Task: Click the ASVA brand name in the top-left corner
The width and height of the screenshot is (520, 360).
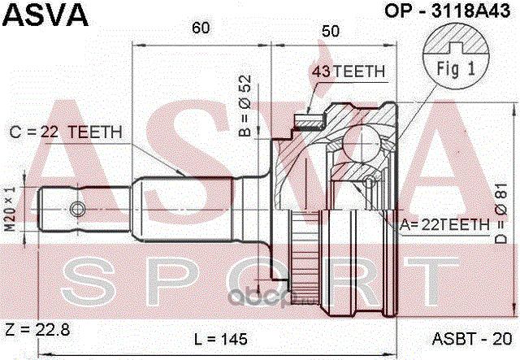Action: (45, 15)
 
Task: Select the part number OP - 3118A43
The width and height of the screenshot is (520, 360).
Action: (448, 11)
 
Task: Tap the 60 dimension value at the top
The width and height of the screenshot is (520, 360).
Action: (201, 28)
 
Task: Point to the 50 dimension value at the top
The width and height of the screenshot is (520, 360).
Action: (331, 31)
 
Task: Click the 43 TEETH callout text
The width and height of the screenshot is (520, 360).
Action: (349, 72)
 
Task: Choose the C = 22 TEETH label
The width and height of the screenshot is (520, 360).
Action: (66, 132)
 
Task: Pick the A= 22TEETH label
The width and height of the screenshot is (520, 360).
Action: (444, 225)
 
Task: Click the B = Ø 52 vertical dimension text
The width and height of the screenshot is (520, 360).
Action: (245, 106)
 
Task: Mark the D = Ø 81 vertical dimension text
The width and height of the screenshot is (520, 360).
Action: (500, 214)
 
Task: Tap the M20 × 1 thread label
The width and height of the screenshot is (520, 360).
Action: (11, 209)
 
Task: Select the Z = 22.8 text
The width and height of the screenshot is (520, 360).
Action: (37, 330)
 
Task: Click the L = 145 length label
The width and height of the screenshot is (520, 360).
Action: (220, 339)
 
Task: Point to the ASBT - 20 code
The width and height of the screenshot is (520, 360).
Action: (472, 339)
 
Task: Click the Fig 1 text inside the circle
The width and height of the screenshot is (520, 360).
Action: (456, 69)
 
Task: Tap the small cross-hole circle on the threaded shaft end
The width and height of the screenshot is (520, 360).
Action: (78, 210)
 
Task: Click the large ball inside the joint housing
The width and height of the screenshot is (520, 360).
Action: (361, 144)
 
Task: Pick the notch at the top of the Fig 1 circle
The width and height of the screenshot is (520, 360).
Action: (456, 49)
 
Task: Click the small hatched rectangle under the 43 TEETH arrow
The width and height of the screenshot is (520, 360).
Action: (309, 120)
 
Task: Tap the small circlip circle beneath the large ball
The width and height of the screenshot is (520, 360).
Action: (368, 181)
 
